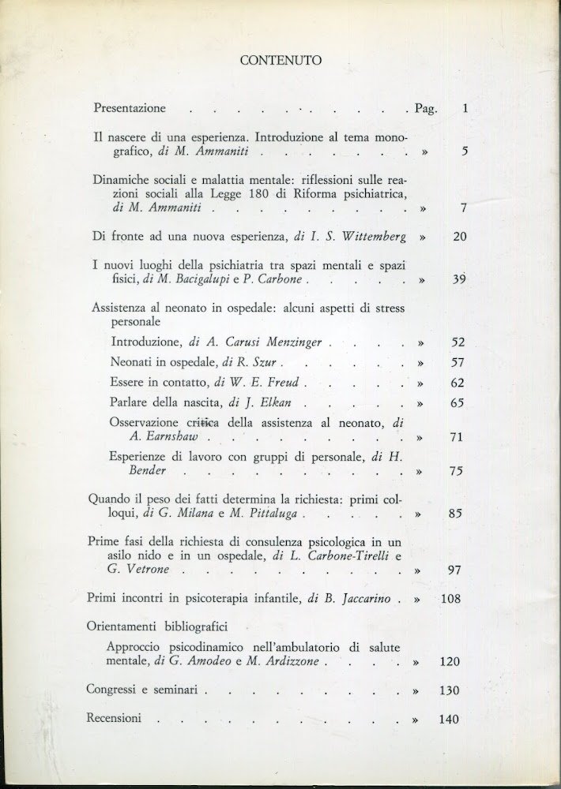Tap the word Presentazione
pos(130,108)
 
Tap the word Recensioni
pos(115,718)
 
